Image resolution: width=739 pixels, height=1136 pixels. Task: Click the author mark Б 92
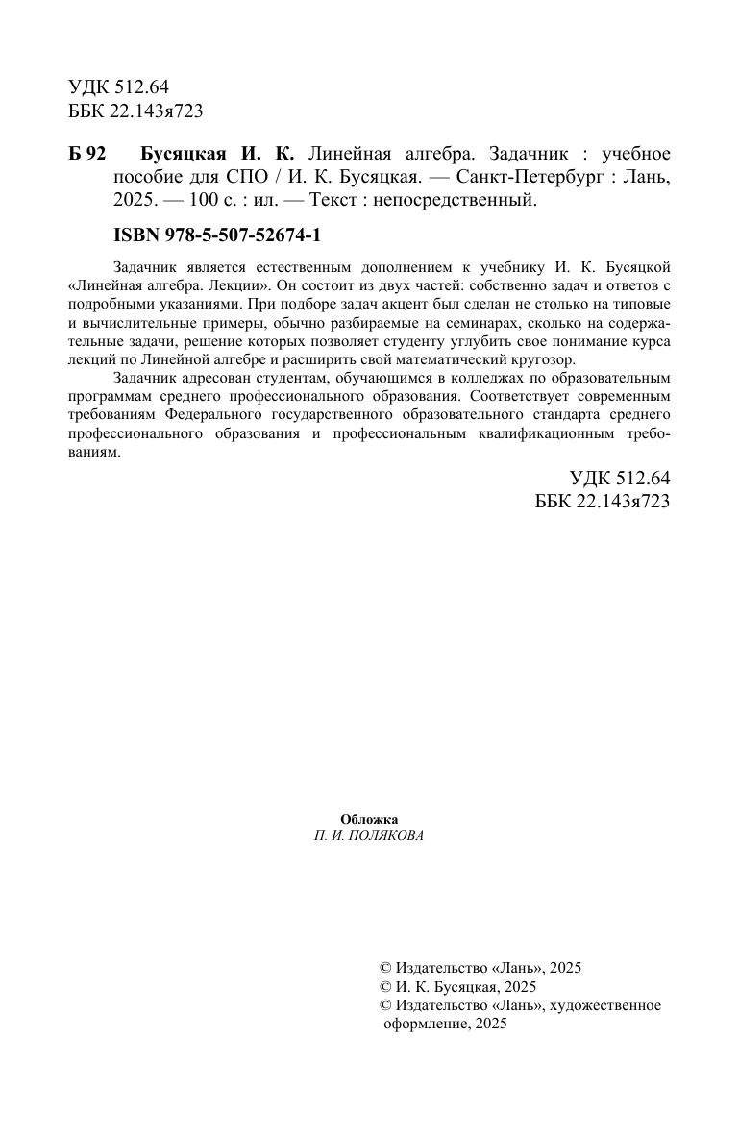tap(87, 155)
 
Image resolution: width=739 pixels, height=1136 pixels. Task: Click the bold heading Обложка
tap(369, 819)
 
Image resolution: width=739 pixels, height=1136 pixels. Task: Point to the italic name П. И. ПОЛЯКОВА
tap(369, 836)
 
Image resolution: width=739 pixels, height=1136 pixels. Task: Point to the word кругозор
tap(539, 359)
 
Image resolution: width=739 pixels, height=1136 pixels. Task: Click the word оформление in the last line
tap(424, 1025)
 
